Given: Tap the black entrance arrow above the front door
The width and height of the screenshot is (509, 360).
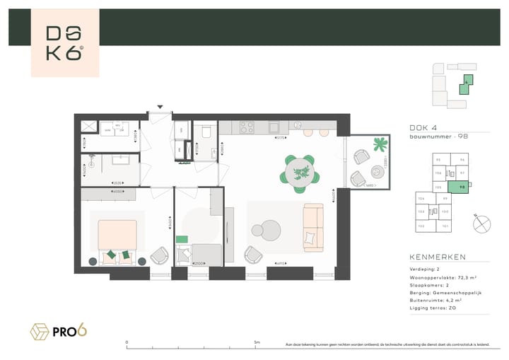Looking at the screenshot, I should [160, 108].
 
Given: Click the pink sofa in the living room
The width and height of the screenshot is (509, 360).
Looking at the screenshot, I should [312, 227].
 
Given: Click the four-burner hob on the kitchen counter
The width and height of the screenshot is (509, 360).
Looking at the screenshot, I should [247, 128].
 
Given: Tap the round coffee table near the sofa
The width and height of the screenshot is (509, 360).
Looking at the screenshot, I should [271, 228].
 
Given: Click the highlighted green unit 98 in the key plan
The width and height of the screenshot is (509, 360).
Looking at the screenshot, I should [462, 187].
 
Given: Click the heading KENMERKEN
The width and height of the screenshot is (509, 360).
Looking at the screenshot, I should [437, 257].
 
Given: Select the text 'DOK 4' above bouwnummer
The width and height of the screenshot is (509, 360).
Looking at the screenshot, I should [423, 127].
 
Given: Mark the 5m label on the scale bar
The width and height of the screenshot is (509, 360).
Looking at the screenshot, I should [256, 342].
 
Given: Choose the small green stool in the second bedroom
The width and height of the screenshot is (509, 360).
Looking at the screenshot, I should [182, 240].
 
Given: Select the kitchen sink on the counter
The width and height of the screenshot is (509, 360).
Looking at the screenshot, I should [274, 129].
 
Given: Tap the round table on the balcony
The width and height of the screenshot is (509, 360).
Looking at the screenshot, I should [375, 172].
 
